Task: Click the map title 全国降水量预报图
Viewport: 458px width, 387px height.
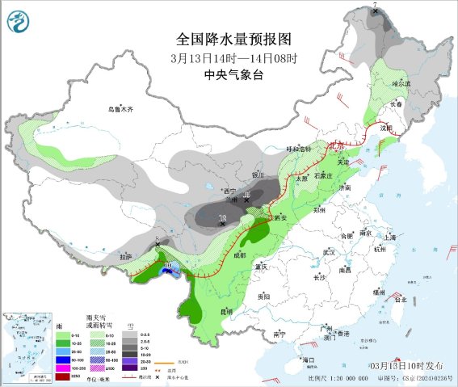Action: pyautogui.click(x=234, y=39)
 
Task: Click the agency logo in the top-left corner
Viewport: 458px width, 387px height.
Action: pyautogui.click(x=19, y=20)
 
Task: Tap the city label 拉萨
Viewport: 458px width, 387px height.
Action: pyautogui.click(x=123, y=256)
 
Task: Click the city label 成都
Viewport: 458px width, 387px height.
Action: pyautogui.click(x=240, y=254)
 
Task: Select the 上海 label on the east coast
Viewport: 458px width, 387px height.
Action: pyautogui.click(x=391, y=238)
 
